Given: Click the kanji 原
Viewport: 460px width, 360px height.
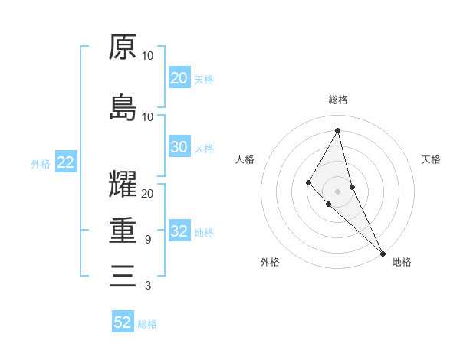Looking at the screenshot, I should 123,47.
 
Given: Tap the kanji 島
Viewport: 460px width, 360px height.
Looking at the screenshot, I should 123,107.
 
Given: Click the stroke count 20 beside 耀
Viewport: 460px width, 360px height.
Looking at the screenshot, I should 147,194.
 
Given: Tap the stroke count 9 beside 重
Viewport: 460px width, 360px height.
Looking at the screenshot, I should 147,240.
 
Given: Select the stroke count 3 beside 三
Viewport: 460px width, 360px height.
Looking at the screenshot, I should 147,286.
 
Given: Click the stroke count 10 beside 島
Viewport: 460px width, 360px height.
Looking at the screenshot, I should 147,116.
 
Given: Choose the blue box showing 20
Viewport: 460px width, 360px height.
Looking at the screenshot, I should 179,78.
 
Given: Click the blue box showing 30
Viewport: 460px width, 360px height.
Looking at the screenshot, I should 179,147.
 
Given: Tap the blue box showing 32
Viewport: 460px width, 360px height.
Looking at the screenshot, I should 179,232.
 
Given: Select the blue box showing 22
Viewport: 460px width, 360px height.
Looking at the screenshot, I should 65,162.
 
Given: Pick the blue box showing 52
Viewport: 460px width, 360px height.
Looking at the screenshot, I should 123,322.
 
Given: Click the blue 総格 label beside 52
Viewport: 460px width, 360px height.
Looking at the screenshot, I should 147,324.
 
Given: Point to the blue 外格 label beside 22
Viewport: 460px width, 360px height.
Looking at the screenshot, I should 41,163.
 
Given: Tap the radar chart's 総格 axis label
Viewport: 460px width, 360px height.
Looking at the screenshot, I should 338,100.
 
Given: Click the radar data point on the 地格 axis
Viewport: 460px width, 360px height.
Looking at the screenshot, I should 383,252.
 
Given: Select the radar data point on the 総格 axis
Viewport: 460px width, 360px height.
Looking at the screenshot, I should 338,129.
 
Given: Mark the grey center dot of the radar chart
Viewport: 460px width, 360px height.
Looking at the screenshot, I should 338,191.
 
